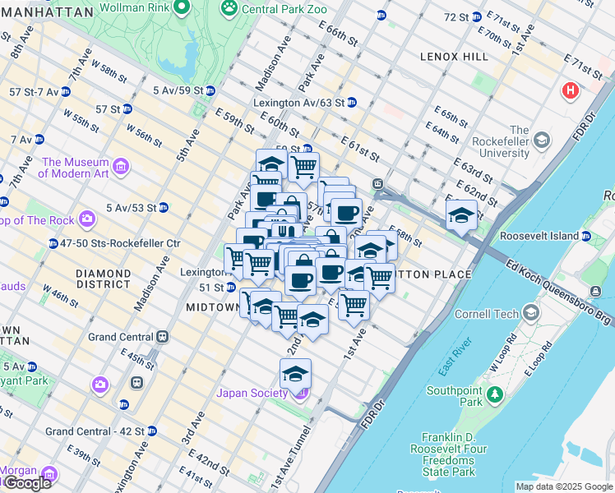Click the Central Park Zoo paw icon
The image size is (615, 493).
click(228, 8)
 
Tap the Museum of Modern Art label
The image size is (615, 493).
click(75, 168)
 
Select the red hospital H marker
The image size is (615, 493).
click(570, 90)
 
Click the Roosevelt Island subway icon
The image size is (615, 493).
click(585, 237)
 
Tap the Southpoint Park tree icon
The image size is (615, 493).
click(494, 395)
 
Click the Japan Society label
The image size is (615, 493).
click(252, 393)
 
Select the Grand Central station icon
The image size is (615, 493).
click(164, 336)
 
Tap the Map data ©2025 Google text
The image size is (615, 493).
click(564, 486)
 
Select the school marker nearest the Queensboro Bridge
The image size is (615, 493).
click(461, 217)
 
